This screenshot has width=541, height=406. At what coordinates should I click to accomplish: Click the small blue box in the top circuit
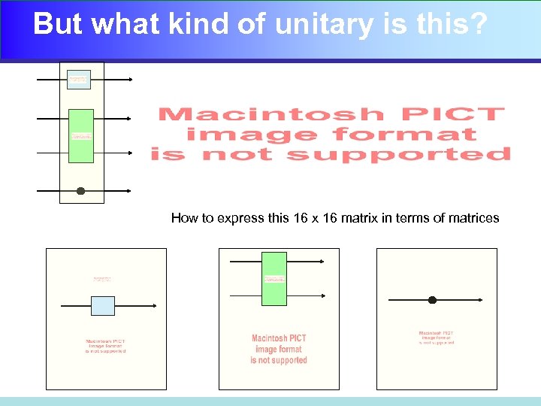pyautogui.click(x=78, y=79)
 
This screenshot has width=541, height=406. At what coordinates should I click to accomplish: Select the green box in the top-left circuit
pyautogui.click(x=81, y=135)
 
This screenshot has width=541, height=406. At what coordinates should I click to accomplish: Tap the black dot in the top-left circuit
pyautogui.click(x=80, y=191)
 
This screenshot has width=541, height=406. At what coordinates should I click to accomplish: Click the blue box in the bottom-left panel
pyautogui.click(x=103, y=306)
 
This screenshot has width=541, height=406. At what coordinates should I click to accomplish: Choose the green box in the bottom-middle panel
pyautogui.click(x=274, y=278)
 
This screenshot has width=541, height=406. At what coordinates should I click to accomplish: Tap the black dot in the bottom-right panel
pyautogui.click(x=432, y=300)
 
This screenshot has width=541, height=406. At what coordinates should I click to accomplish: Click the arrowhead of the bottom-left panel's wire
pyautogui.click(x=154, y=306)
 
